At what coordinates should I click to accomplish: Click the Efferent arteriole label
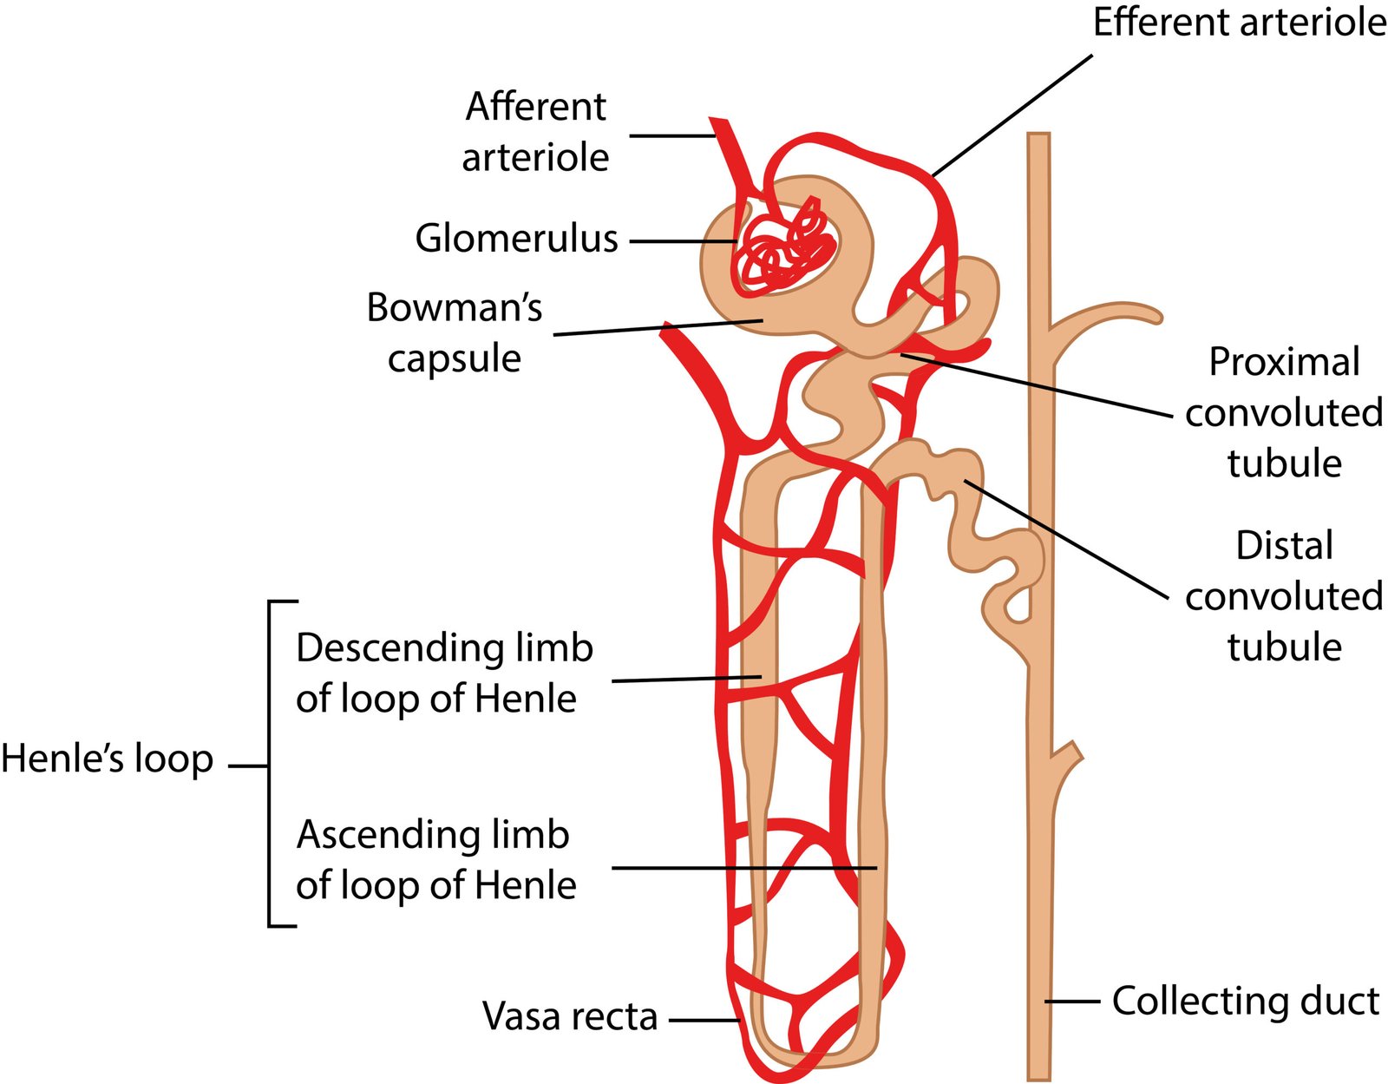pos(1239,22)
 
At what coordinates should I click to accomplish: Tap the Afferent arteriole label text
pos(535,132)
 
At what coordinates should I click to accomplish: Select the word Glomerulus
pos(516,239)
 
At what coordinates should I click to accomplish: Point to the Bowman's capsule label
pos(455,332)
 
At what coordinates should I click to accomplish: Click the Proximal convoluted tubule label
pos(1284,412)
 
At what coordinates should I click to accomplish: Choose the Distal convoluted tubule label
pos(1284,596)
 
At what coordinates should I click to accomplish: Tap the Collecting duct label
pos(1245,1001)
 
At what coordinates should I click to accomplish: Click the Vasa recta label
pos(570,1016)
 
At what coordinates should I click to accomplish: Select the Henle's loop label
pos(108,759)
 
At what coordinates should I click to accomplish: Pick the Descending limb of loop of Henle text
pos(444,673)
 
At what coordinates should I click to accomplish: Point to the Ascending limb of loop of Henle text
pos(435,859)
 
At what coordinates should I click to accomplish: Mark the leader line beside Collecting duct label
pos(1072,1002)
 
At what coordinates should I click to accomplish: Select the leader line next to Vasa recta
pos(703,1021)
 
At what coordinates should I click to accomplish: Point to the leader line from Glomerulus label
pos(683,241)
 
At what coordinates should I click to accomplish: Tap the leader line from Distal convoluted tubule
pos(1067,539)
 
